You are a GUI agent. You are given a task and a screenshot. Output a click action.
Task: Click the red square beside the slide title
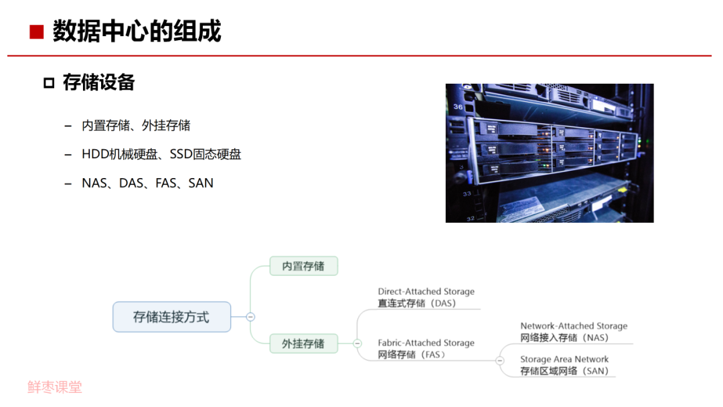click(x=36, y=32)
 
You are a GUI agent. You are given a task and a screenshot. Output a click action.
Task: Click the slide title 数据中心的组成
click(x=137, y=31)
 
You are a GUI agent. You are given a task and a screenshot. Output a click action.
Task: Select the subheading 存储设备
click(x=98, y=82)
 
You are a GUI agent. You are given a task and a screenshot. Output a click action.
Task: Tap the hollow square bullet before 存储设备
click(x=48, y=83)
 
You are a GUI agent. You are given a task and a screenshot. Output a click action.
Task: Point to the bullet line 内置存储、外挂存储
click(x=136, y=125)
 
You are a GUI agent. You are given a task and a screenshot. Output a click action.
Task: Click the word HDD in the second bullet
click(x=94, y=154)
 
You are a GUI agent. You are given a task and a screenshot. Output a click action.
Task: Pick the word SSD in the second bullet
click(x=183, y=154)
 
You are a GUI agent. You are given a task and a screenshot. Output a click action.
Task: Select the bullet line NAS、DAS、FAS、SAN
click(x=147, y=183)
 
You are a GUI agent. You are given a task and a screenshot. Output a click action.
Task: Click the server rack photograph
click(x=549, y=153)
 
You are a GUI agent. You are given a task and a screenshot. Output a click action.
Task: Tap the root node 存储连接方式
click(x=171, y=317)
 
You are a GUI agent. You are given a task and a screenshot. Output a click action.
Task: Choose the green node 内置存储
click(x=303, y=266)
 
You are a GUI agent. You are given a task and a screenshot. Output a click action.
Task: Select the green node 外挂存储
click(x=303, y=343)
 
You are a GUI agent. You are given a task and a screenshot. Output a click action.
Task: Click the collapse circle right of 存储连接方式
click(x=250, y=317)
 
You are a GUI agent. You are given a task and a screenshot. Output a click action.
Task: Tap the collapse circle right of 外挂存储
click(x=357, y=343)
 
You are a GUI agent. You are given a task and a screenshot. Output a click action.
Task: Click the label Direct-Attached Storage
click(x=426, y=291)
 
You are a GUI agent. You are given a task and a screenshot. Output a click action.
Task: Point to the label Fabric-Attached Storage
click(x=426, y=343)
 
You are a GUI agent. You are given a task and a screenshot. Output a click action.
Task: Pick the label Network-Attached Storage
click(x=574, y=326)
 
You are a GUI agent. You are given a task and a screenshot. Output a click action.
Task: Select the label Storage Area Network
click(x=564, y=359)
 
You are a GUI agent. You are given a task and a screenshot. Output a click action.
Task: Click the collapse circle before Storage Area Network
click(x=500, y=360)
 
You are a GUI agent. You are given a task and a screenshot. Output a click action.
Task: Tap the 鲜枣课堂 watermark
click(x=55, y=387)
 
